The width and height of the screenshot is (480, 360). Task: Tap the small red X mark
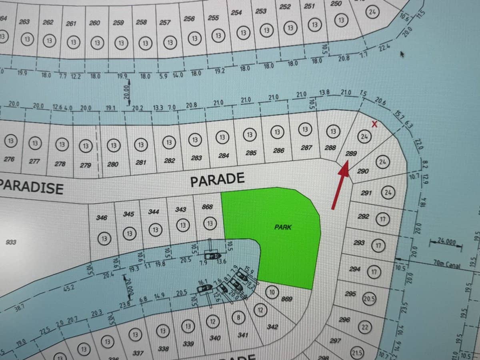pos(374,124)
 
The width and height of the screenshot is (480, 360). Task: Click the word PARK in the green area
pos(283,227)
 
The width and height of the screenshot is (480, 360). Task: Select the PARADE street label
pos(217,180)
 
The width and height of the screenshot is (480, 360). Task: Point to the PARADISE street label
pos(31,187)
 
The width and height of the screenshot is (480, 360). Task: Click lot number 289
pos(351,154)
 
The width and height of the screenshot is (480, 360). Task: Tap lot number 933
pos(11,242)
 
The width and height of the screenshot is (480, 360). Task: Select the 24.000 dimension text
pos(446,242)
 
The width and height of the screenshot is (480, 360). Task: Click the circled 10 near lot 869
pos(272,292)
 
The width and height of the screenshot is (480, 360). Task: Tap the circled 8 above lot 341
pos(238,318)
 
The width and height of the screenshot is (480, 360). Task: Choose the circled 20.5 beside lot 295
pos(369,298)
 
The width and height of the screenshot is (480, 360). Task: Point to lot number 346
pos(102,218)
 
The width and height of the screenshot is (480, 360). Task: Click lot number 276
pos(9,159)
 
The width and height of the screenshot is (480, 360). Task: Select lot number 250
pos(336,4)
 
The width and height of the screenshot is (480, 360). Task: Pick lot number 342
pos(272,327)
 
